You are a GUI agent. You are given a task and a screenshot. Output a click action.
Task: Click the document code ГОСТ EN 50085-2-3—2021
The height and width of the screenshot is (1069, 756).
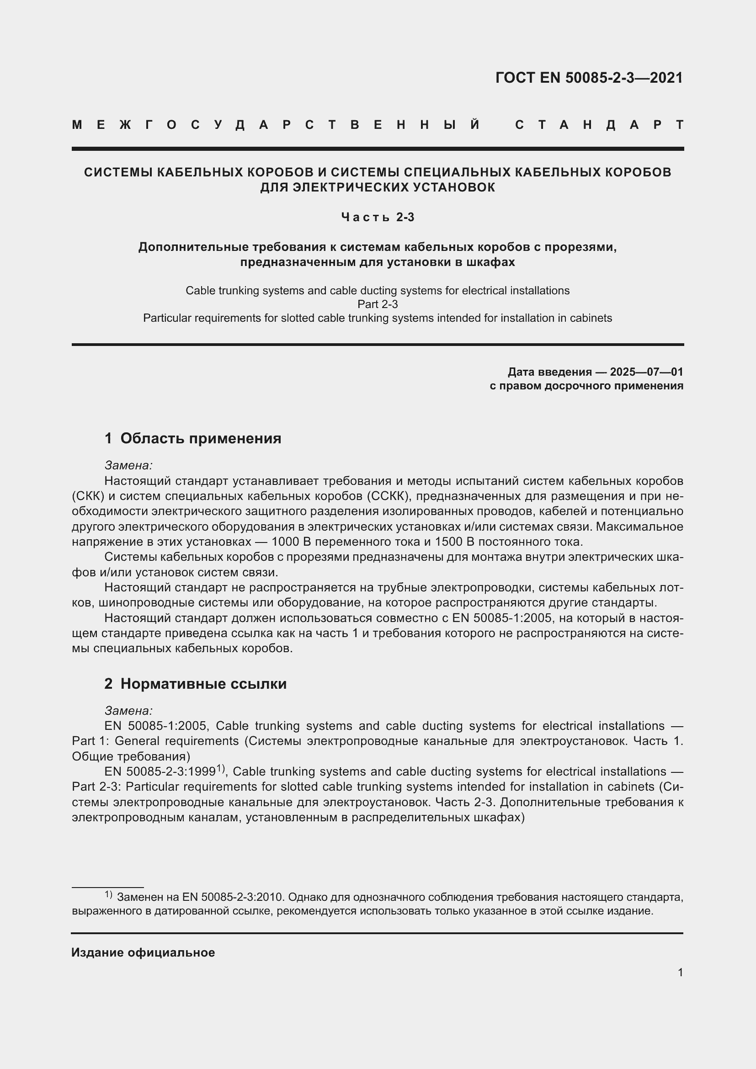589,78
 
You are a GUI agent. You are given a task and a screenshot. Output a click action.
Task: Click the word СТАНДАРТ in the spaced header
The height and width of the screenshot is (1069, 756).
599,125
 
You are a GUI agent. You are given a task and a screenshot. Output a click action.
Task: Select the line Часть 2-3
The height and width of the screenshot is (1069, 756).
378,217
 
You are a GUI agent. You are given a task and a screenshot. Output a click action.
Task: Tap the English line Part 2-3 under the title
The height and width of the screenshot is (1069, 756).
378,304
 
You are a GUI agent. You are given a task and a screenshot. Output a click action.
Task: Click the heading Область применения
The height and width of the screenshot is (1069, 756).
201,439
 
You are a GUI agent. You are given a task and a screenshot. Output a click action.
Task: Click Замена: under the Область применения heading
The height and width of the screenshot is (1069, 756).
128,466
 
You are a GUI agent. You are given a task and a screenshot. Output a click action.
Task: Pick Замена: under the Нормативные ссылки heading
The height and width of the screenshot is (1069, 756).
128,711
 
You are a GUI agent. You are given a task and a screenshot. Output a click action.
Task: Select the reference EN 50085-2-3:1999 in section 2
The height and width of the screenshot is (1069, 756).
160,772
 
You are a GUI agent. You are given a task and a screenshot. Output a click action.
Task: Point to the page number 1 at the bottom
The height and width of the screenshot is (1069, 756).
680,973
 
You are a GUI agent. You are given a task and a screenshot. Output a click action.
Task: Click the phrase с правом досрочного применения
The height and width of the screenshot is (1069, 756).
586,386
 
